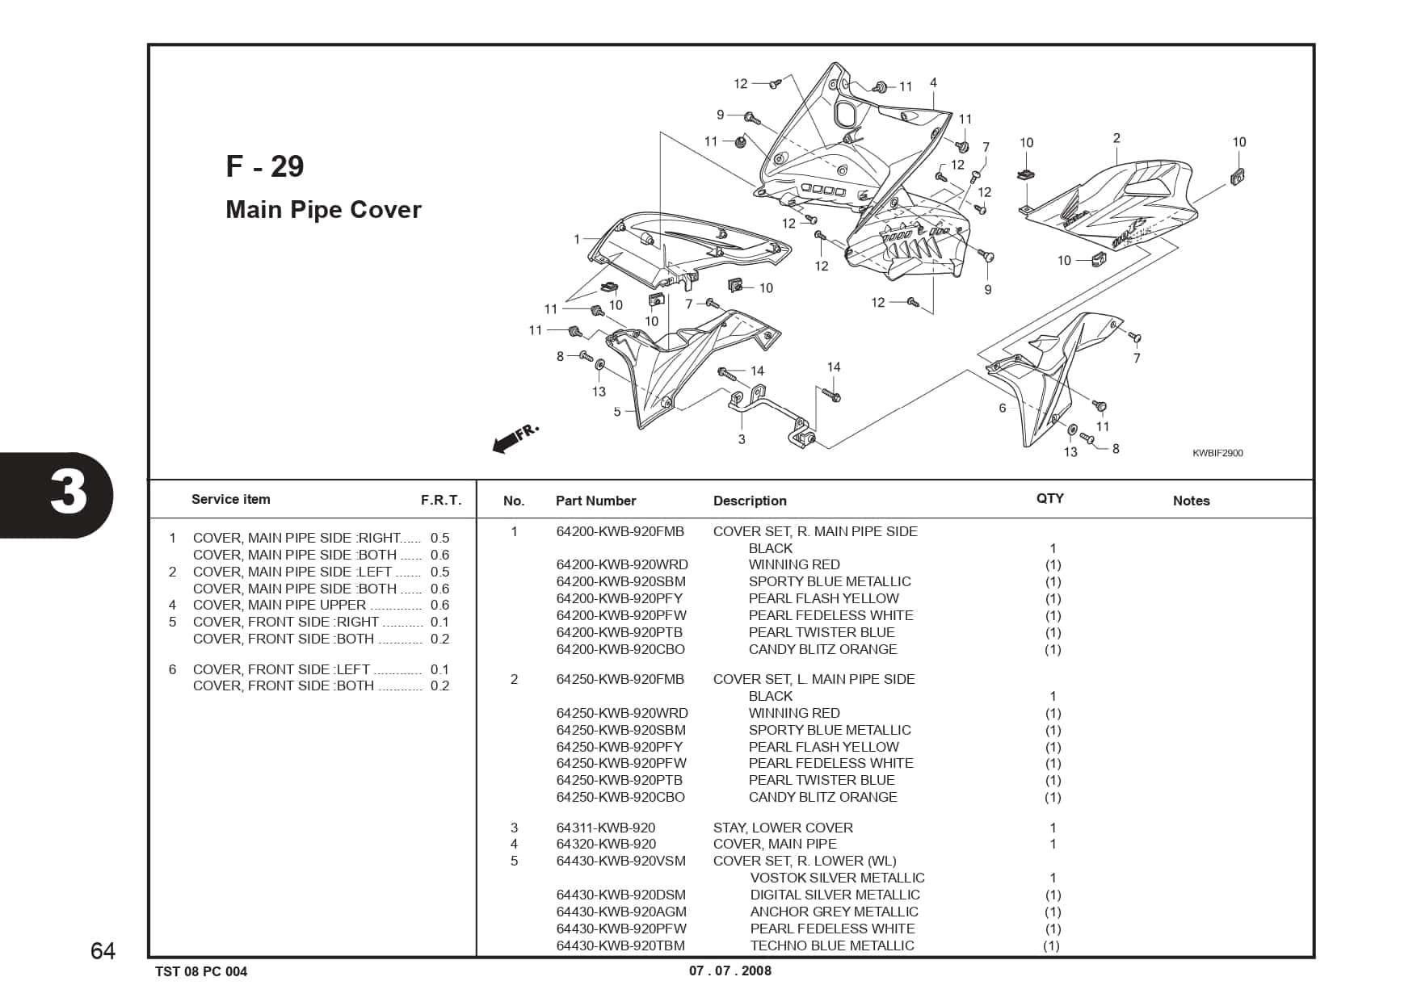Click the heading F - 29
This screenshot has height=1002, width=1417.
265,166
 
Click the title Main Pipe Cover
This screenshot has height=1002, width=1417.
323,210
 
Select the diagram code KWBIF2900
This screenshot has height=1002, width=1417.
1217,453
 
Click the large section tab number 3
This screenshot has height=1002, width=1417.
68,493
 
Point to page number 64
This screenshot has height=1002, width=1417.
103,951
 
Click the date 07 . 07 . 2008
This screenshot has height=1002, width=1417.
730,971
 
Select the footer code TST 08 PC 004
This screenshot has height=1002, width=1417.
201,971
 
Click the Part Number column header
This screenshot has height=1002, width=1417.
595,501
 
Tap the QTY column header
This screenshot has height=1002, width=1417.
1049,498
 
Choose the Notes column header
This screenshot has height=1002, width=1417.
1191,501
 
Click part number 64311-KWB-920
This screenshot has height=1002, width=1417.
606,828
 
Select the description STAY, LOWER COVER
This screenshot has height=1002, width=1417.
783,828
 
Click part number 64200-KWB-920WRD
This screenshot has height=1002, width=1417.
622,564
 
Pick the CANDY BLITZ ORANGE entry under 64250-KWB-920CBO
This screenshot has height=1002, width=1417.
822,797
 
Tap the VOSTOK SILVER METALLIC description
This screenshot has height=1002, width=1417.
837,878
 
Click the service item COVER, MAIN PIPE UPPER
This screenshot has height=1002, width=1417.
280,605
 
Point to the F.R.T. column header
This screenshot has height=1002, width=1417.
441,500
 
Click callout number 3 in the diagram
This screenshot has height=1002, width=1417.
742,439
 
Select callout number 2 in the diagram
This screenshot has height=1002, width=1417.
1116,138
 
